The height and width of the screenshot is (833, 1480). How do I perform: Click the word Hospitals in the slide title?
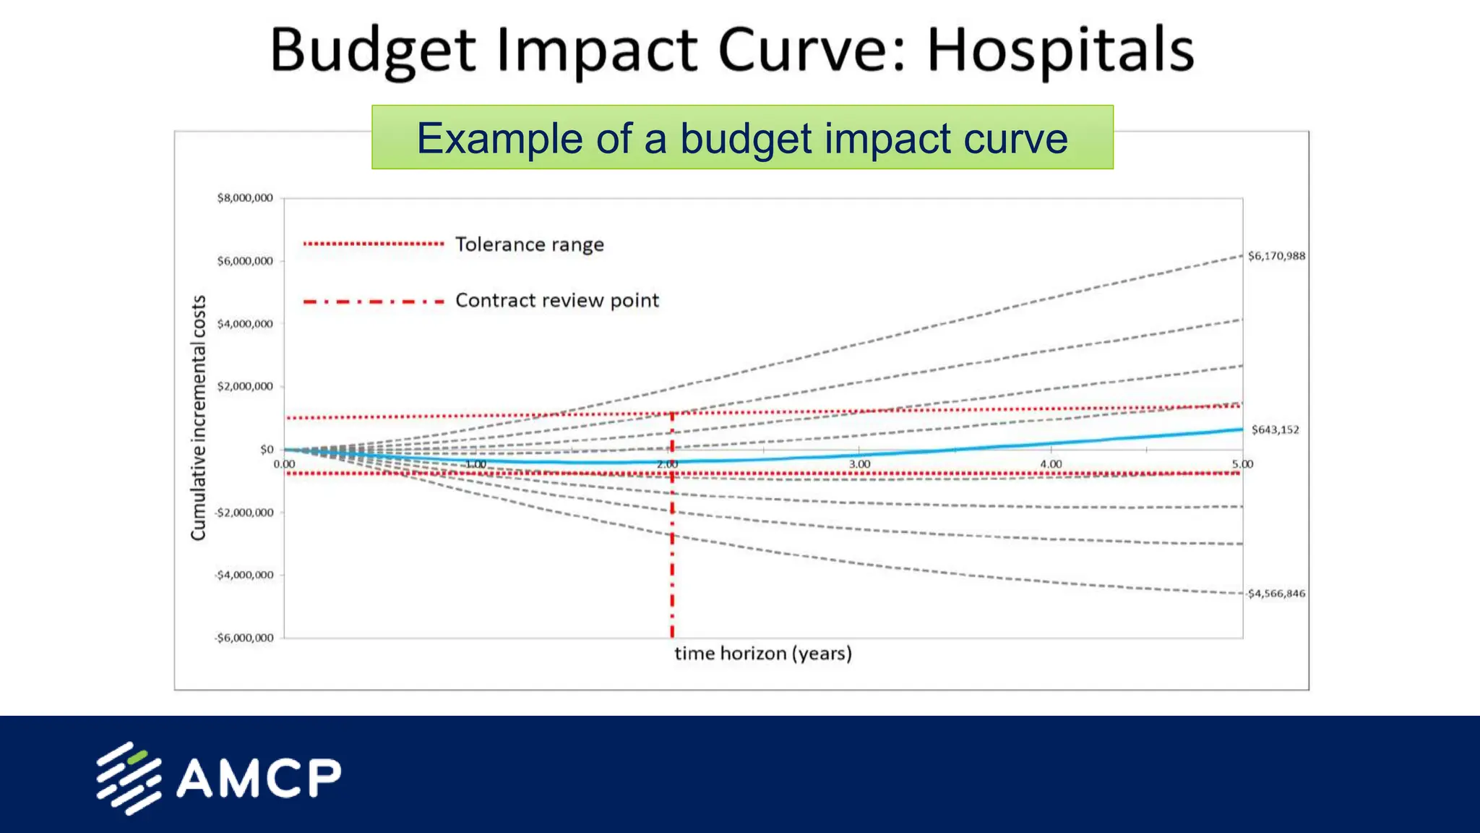pyautogui.click(x=1059, y=51)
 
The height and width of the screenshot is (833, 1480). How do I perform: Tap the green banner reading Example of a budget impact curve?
pyautogui.click(x=742, y=137)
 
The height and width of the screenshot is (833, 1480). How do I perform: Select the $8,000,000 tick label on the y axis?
pyautogui.click(x=245, y=198)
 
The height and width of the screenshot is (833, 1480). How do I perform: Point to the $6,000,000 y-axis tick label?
pyautogui.click(x=245, y=261)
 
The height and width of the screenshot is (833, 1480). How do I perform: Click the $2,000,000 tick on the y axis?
pyautogui.click(x=245, y=387)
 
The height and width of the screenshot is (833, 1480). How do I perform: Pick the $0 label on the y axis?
pyautogui.click(x=267, y=450)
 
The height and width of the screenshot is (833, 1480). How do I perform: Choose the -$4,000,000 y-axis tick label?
pyautogui.click(x=244, y=576)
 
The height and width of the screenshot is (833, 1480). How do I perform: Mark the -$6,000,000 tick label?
pyautogui.click(x=244, y=638)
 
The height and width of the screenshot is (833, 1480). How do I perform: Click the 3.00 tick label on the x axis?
pyautogui.click(x=859, y=464)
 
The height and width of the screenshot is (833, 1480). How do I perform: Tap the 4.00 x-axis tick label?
pyautogui.click(x=1051, y=464)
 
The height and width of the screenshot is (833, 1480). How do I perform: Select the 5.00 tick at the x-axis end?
pyautogui.click(x=1242, y=464)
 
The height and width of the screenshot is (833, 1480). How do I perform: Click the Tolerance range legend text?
pyautogui.click(x=529, y=244)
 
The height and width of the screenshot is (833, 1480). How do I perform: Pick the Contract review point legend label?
pyautogui.click(x=556, y=300)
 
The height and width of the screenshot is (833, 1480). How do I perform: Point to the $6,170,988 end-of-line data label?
pyautogui.click(x=1276, y=256)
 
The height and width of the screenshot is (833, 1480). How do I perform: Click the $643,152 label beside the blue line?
pyautogui.click(x=1275, y=430)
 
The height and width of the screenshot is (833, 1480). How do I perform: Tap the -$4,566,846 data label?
pyautogui.click(x=1275, y=594)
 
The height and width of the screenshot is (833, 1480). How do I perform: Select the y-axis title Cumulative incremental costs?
pyautogui.click(x=198, y=418)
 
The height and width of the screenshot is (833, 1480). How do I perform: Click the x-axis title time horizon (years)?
pyautogui.click(x=763, y=654)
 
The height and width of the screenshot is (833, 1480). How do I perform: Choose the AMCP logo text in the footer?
pyautogui.click(x=258, y=778)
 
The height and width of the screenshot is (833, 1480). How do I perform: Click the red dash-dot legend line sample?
pyautogui.click(x=374, y=302)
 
